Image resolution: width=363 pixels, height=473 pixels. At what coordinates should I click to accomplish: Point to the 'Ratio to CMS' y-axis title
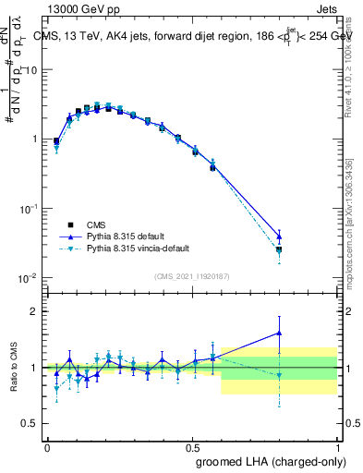(14, 367)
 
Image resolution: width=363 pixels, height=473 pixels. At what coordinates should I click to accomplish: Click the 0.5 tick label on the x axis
(192, 447)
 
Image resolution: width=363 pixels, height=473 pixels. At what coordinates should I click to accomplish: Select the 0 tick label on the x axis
(47, 447)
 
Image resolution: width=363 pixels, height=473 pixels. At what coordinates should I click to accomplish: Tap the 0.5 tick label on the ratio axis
(29, 423)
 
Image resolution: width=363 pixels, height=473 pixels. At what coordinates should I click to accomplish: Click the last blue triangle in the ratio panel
(279, 334)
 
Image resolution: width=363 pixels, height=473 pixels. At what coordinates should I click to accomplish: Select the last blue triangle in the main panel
(279, 236)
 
